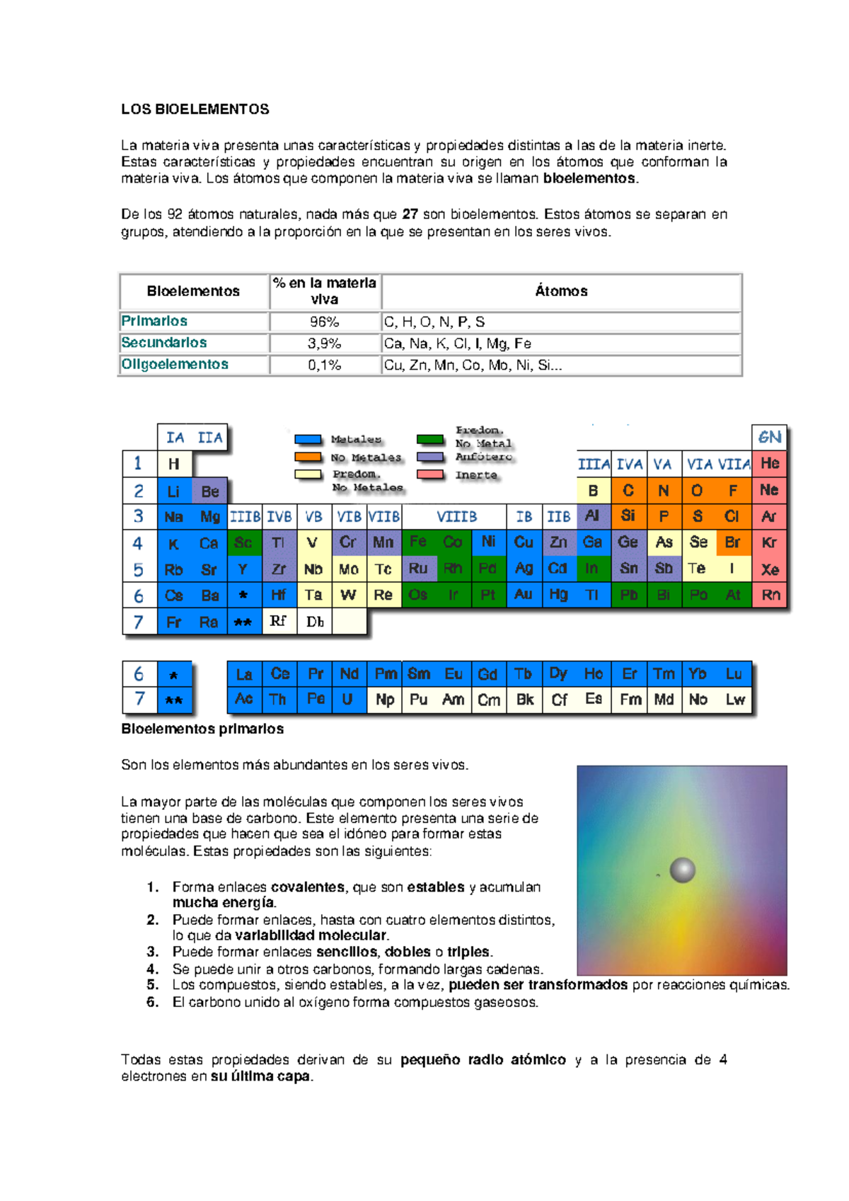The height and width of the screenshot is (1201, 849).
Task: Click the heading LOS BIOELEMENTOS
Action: click(x=195, y=109)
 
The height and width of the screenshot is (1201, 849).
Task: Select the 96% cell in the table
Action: click(x=325, y=321)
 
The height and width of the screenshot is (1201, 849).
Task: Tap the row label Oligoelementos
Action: click(x=175, y=364)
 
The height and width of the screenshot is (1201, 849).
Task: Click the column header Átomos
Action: click(x=561, y=291)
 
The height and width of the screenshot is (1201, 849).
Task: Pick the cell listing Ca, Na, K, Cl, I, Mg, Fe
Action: click(x=457, y=343)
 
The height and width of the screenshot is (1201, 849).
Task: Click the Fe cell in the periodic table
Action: click(x=418, y=542)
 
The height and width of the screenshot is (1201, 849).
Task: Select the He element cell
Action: click(x=770, y=463)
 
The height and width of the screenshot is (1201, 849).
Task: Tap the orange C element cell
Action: click(x=628, y=490)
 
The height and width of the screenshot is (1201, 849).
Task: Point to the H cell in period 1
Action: click(x=174, y=464)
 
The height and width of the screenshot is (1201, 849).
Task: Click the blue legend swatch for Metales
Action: click(x=308, y=440)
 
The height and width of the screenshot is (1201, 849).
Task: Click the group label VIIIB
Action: click(x=456, y=517)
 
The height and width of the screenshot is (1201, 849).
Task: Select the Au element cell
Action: click(x=524, y=594)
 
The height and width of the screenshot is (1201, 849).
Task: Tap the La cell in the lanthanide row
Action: click(x=244, y=674)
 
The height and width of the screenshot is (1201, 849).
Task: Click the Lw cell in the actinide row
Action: click(x=735, y=700)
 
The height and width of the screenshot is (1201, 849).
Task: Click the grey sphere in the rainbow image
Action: click(x=683, y=870)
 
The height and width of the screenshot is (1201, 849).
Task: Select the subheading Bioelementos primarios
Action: click(x=202, y=729)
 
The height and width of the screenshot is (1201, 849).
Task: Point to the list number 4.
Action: click(x=153, y=969)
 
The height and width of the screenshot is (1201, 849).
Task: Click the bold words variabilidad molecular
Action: click(x=311, y=935)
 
